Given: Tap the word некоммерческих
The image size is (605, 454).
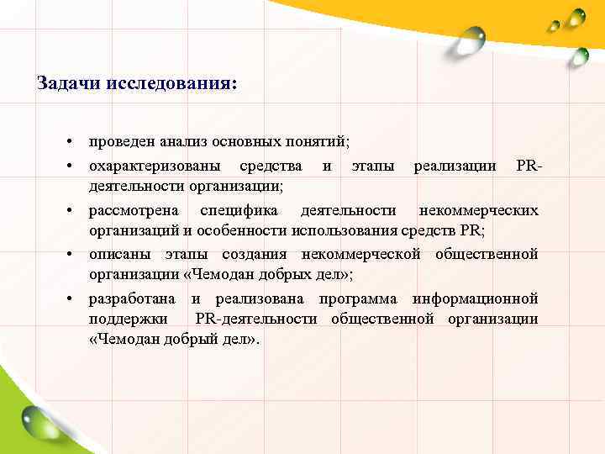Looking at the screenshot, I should coord(478,209).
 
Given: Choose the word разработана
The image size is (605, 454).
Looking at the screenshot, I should coord(132,299).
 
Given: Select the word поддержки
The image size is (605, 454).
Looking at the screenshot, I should coord(127,319).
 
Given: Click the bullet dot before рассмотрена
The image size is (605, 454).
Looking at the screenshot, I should coord(74,210).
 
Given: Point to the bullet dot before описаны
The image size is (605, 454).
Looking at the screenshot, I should coord(74,255).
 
